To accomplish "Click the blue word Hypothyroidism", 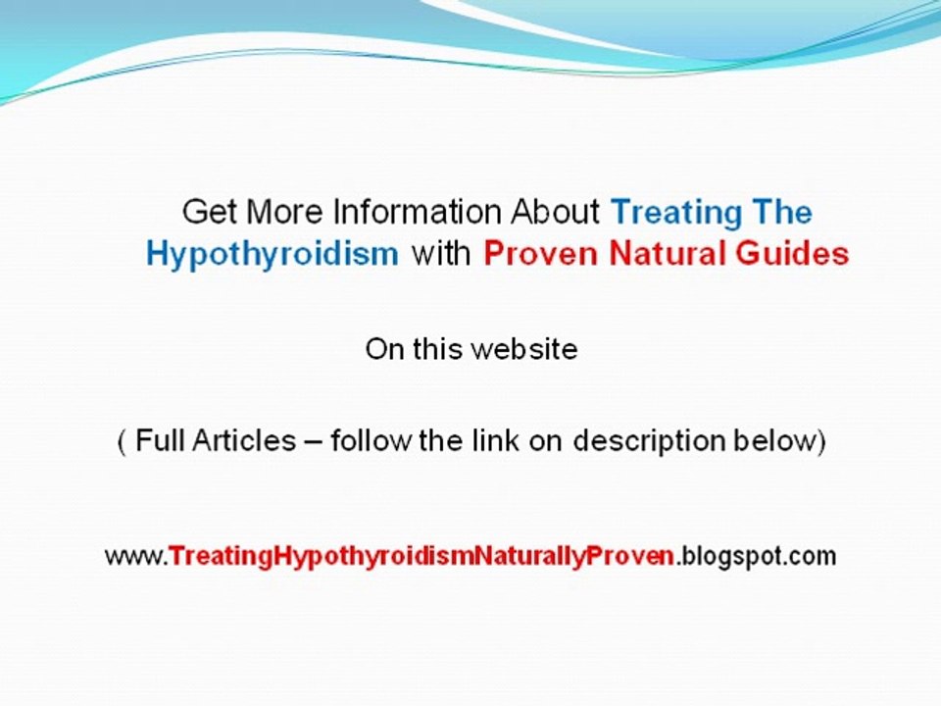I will click(x=272, y=254).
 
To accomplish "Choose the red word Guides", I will click(x=796, y=254).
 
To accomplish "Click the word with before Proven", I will click(x=441, y=254).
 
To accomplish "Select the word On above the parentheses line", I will click(x=382, y=348).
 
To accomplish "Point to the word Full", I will click(x=159, y=441).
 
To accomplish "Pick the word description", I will click(x=650, y=441).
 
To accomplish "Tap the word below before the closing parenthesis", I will click(x=776, y=441).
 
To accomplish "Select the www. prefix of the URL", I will click(x=136, y=557).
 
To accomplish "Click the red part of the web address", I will click(x=421, y=557).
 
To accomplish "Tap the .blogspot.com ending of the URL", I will click(x=756, y=557).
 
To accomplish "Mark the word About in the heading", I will click(x=557, y=212).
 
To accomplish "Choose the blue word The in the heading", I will click(x=781, y=212).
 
